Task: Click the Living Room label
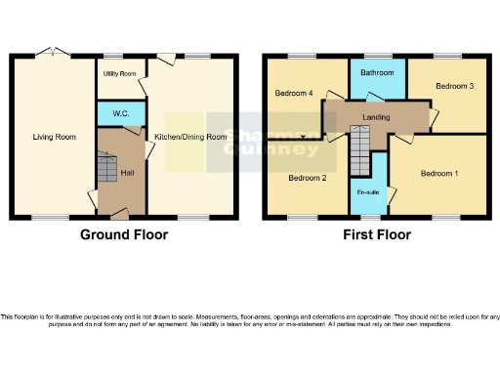pos(53,138)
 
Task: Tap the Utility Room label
pos(120,74)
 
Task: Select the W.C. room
pos(121,114)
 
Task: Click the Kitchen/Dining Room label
pos(191,138)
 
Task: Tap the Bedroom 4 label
pos(294,94)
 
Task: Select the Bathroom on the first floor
pos(376,73)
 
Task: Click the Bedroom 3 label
pos(454,87)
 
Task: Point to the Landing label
pos(376,117)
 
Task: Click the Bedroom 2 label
pos(307,178)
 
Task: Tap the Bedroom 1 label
pos(439,174)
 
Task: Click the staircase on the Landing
pos(361,152)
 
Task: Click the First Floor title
pos(376,234)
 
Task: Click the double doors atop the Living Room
pos(53,52)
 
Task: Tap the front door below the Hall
pos(118,212)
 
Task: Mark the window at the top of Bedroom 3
pos(448,55)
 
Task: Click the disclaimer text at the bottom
pos(250,321)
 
